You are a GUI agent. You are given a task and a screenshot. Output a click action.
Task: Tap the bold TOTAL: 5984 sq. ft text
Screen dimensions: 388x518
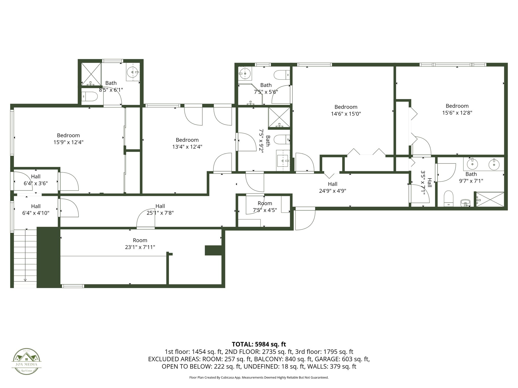pyautogui.click(x=259, y=344)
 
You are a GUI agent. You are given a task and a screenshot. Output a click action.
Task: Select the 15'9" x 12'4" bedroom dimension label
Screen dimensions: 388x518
pyautogui.click(x=68, y=142)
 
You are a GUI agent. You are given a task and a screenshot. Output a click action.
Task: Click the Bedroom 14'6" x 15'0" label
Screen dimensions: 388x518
pyautogui.click(x=346, y=110)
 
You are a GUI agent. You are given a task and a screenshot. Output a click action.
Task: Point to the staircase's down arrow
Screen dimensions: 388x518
pyautogui.click(x=25, y=279)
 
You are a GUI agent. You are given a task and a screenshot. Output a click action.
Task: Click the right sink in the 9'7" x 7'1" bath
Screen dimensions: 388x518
pyautogui.click(x=494, y=165)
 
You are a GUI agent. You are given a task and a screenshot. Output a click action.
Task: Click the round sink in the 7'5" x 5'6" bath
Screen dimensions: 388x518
pyautogui.click(x=244, y=74)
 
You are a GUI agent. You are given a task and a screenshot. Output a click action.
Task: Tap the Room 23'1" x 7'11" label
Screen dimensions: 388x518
pyautogui.click(x=140, y=244)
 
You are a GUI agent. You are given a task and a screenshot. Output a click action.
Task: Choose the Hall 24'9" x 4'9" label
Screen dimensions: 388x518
pyautogui.click(x=332, y=187)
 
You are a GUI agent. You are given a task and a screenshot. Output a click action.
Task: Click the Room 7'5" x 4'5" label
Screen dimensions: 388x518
pyautogui.click(x=265, y=207)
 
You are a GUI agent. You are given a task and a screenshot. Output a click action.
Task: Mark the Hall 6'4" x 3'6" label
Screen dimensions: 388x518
pyautogui.click(x=36, y=180)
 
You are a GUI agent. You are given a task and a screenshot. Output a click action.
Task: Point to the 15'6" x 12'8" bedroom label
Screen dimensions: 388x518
pyautogui.click(x=457, y=109)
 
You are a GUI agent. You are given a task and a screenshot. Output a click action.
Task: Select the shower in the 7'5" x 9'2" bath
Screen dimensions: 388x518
pyautogui.click(x=279, y=117)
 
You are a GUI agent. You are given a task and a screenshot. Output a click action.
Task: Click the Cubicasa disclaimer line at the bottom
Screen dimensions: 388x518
pyautogui.click(x=259, y=377)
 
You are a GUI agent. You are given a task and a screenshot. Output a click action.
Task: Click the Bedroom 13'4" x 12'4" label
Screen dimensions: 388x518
pyautogui.click(x=187, y=143)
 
